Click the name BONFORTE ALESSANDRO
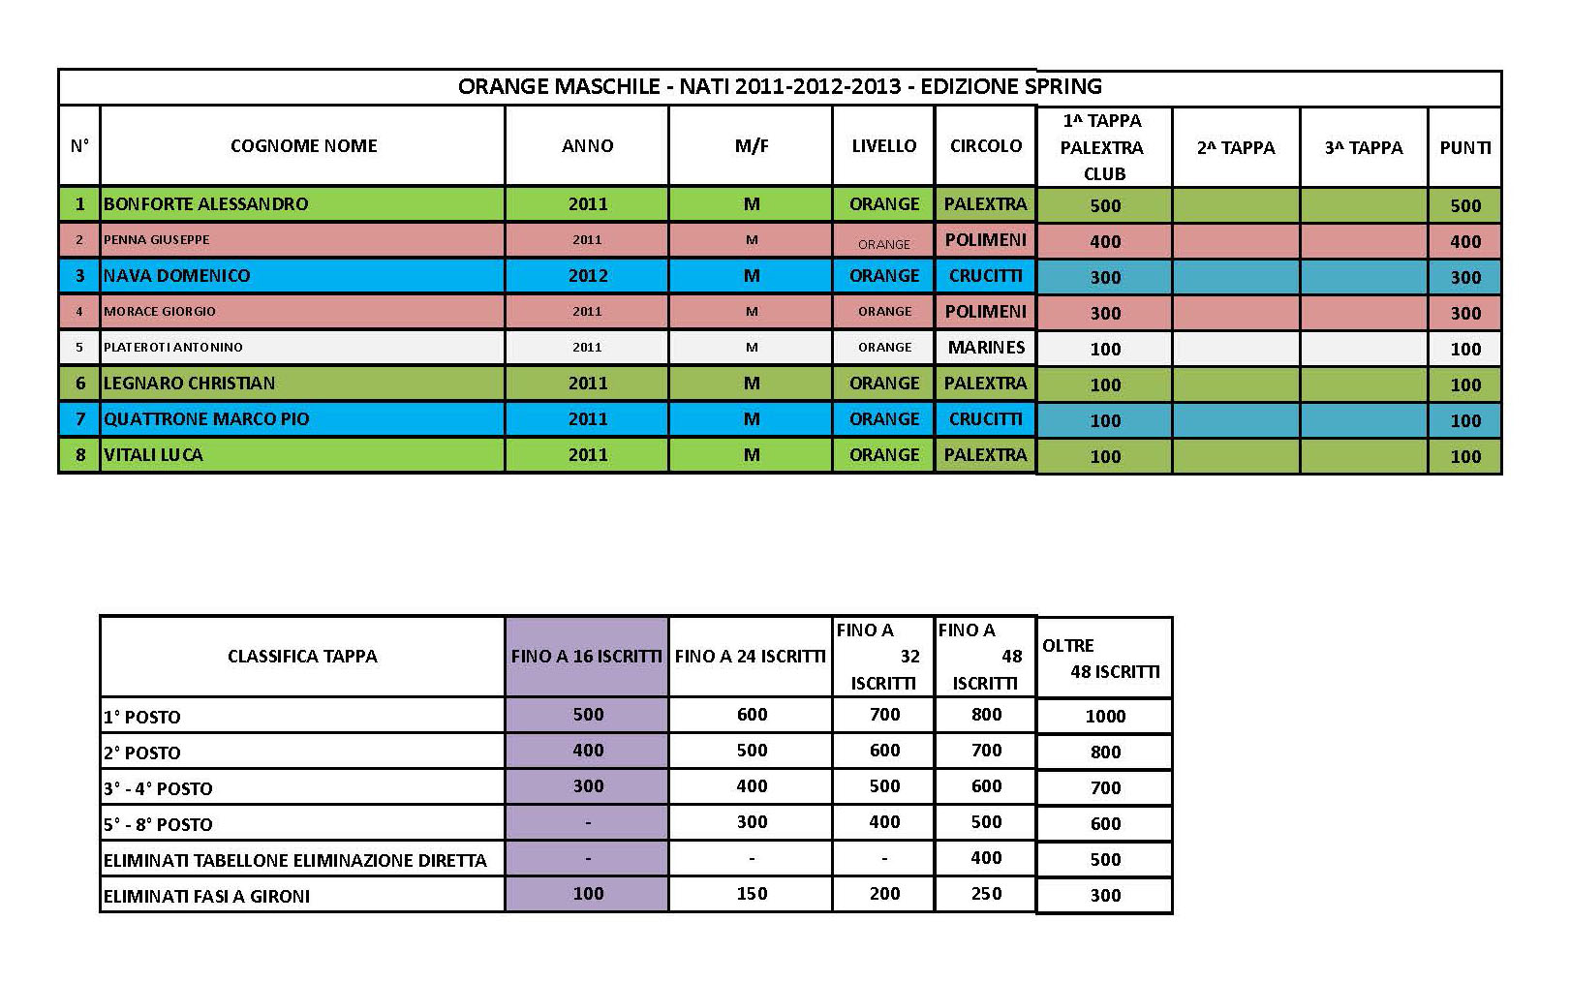tap(205, 204)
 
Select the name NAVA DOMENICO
tap(176, 276)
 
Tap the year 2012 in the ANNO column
tap(587, 276)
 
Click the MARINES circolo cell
tap(985, 347)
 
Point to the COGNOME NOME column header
tap(303, 146)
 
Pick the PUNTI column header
tap(1464, 148)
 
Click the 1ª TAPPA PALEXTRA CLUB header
tap(1102, 147)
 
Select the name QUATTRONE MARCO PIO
tap(206, 419)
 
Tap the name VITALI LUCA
tap(153, 455)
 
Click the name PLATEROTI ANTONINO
tap(173, 348)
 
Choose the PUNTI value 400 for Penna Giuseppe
tap(1464, 242)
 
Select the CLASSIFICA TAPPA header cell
tap(302, 657)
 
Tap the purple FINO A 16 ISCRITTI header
tap(586, 657)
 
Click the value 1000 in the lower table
tap(1104, 717)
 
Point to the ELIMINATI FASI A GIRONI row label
tap(206, 897)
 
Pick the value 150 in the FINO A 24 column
tap(752, 894)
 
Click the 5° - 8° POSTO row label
tap(158, 825)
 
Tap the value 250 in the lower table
tap(986, 894)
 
